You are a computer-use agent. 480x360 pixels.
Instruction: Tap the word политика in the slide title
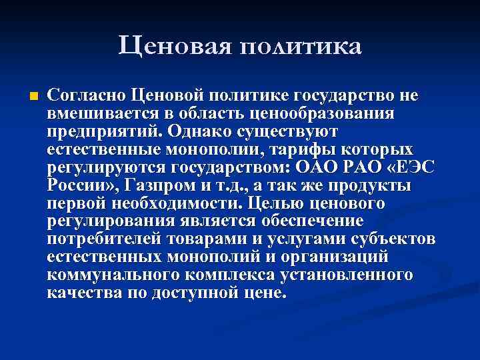[x=300, y=47]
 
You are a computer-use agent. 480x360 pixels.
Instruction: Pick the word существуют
[x=293, y=131]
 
